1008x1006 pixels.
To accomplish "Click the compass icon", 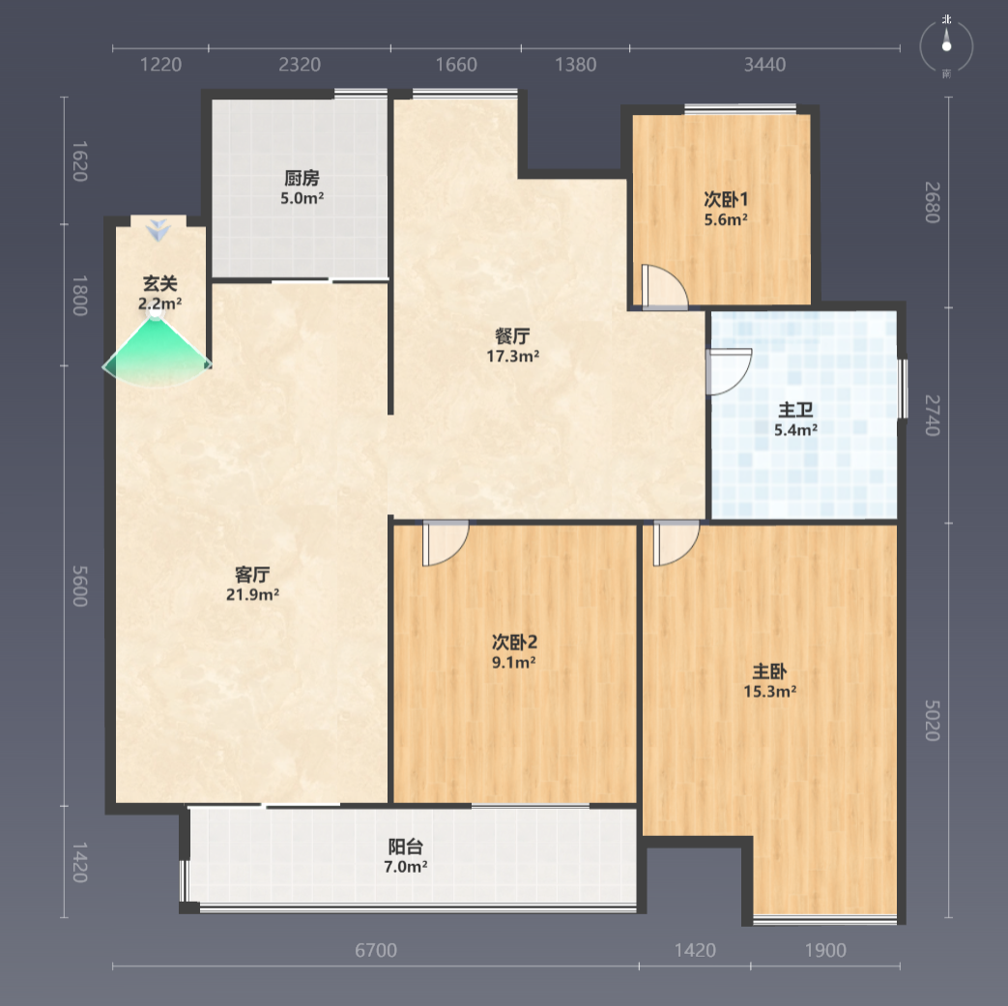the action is tap(946, 46).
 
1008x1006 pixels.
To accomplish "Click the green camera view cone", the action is tap(157, 353).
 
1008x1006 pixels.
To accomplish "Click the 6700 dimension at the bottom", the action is tap(376, 950).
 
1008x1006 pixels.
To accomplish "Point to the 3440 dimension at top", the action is tap(765, 65).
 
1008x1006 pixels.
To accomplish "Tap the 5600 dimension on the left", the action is tap(79, 586).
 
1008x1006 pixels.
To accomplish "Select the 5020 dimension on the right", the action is tap(933, 720).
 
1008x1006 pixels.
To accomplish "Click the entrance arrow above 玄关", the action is tap(158, 229).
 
